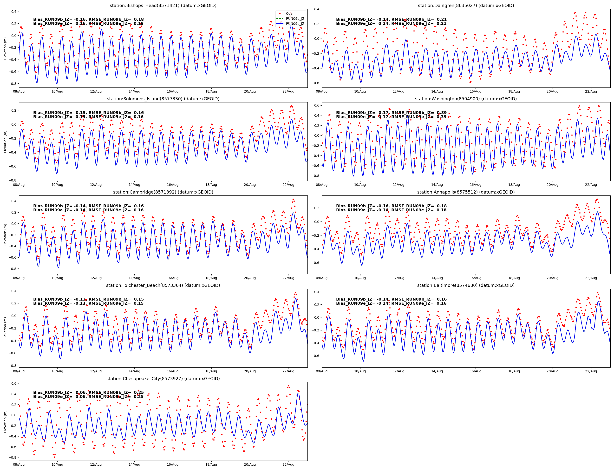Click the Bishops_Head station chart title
163,6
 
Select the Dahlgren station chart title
466,6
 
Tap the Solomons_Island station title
163,99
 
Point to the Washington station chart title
466,99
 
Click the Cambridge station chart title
163,192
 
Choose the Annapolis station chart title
466,192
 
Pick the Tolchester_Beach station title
163,285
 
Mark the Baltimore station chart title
466,285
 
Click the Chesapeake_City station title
163,378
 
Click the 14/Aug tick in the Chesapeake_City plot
134,465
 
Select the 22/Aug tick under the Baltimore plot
591,371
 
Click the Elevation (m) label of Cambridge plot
5,235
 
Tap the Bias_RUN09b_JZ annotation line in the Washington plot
391,113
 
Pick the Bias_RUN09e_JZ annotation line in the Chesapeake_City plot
88,397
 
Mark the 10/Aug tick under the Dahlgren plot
360,92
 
